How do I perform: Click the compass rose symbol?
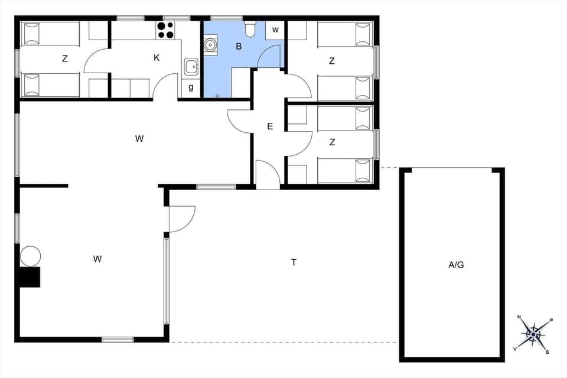534,334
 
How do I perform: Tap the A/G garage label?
456,265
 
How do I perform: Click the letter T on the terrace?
294,262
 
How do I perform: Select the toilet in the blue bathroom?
250,28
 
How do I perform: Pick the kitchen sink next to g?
191,67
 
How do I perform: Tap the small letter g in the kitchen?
191,87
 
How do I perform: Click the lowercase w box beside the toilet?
275,30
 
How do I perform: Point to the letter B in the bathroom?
239,47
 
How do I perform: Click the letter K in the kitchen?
157,57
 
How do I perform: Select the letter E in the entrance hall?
270,126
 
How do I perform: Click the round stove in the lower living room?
30,256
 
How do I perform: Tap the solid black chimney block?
30,277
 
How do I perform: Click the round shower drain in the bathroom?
210,44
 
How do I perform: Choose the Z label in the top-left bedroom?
65,58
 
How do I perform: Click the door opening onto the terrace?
181,219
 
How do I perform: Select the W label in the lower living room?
97,259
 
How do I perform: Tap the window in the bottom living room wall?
118,340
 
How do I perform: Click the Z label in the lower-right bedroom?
333,142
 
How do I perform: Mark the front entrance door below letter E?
268,175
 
